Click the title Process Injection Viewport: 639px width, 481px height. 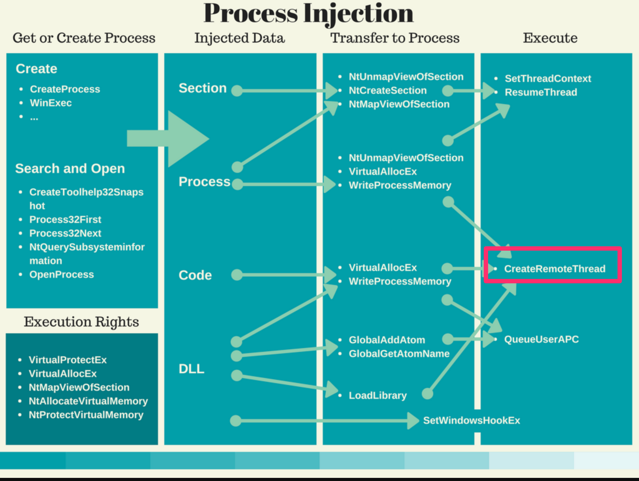point(308,14)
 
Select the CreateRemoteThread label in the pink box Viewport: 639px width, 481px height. point(554,269)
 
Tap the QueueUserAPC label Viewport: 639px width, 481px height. point(541,339)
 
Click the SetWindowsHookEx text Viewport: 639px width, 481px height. point(471,420)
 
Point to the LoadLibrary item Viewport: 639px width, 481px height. point(378,395)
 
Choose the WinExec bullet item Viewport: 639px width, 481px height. point(51,103)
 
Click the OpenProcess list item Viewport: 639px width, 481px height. point(61,275)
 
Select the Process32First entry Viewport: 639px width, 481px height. point(65,220)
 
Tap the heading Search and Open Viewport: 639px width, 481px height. point(70,168)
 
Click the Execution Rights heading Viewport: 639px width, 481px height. point(81,322)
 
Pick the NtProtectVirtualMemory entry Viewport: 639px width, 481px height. point(86,415)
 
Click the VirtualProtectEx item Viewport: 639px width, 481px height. point(68,360)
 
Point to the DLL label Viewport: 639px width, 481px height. point(191,369)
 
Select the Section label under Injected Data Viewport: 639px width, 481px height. point(202,88)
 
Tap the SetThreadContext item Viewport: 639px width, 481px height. point(548,79)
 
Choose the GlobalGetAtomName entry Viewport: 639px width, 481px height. point(399,354)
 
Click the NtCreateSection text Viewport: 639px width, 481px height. point(388,90)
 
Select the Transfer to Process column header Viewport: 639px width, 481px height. point(395,38)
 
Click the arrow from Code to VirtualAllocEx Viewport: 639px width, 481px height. point(281,275)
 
